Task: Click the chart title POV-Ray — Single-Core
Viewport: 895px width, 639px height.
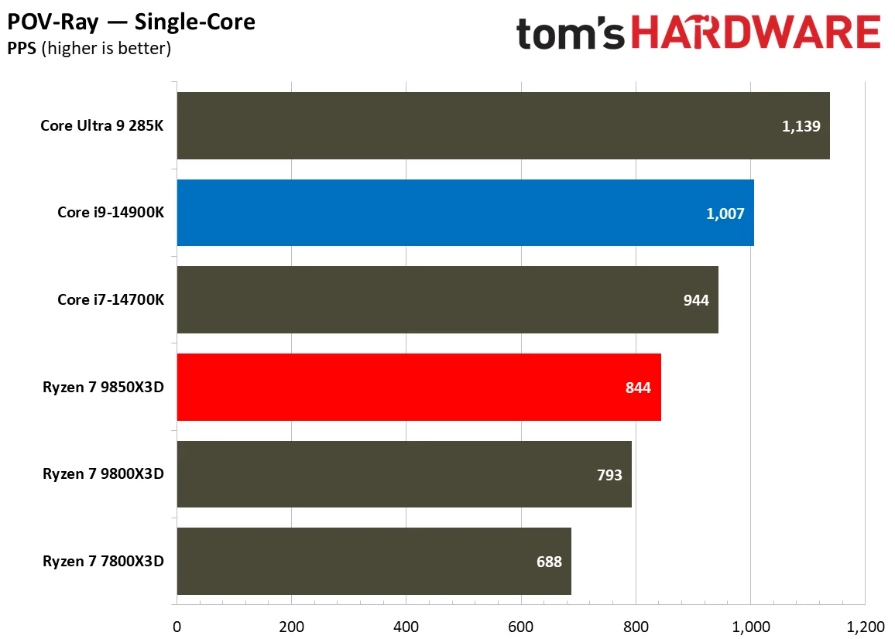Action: [x=132, y=22]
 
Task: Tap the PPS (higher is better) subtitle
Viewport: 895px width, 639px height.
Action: [x=89, y=49]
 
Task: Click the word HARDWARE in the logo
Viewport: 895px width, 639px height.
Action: [x=756, y=34]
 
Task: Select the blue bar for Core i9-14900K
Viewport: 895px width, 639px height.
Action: [x=465, y=213]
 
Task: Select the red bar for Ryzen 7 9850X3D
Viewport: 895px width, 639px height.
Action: [x=418, y=387]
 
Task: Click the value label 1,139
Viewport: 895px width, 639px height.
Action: [x=801, y=126]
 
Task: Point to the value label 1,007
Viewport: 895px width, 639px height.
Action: [x=725, y=214]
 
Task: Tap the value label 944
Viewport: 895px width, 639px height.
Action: [x=696, y=300]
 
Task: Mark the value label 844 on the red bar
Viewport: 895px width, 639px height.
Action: [x=639, y=388]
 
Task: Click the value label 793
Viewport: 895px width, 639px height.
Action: [x=609, y=475]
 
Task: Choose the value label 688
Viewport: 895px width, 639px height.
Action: [x=549, y=562]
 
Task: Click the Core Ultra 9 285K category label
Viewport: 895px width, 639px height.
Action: [x=102, y=126]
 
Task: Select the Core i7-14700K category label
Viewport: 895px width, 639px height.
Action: [x=111, y=300]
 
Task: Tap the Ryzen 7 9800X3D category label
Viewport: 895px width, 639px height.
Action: [x=104, y=475]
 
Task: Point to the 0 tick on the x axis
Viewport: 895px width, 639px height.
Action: [x=177, y=626]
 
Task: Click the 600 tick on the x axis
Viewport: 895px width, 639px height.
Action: [x=520, y=626]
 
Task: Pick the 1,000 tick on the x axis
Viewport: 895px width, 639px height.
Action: [x=749, y=626]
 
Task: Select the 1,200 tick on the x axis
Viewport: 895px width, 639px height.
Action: [x=864, y=626]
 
